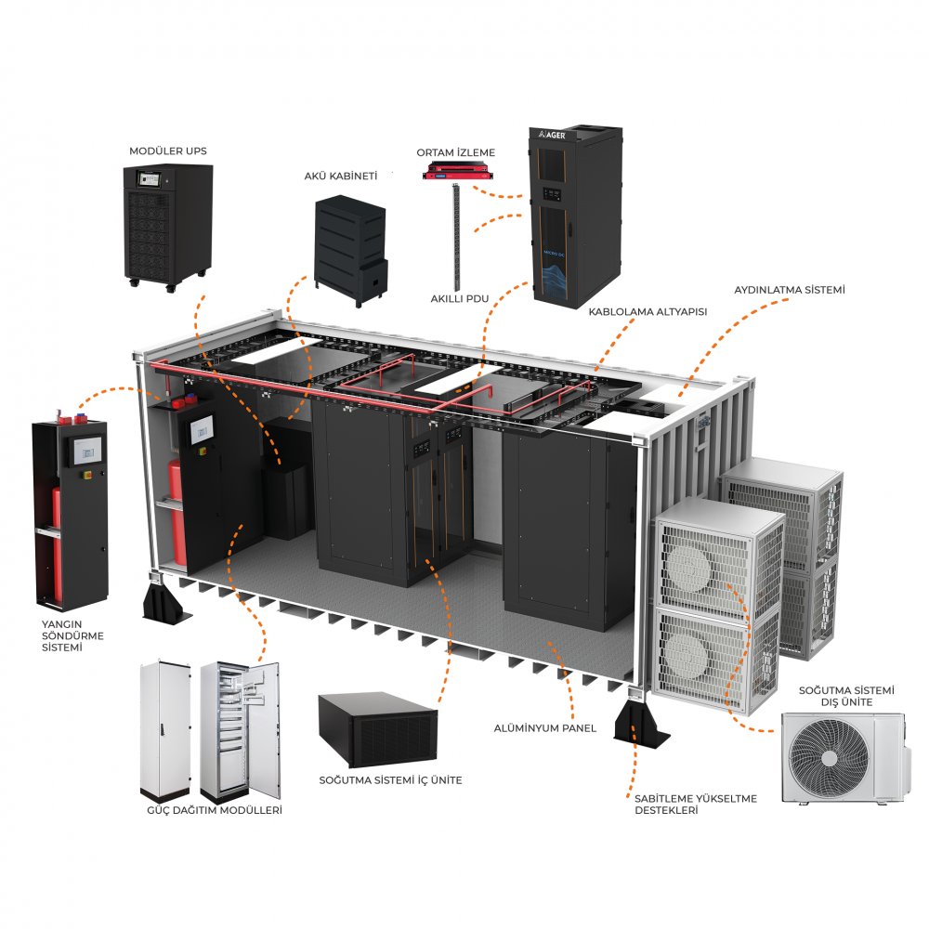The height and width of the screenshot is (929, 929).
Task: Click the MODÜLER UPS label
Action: [167, 150]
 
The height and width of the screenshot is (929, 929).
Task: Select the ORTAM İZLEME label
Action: [455, 152]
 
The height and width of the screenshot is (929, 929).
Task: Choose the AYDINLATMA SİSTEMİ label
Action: [789, 291]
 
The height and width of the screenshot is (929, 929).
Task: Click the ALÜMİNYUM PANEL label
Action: [544, 727]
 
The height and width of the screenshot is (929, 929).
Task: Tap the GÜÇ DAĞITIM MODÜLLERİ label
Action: [215, 810]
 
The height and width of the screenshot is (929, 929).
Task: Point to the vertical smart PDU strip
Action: [456, 237]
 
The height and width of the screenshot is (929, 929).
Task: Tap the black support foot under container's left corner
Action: [167, 602]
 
